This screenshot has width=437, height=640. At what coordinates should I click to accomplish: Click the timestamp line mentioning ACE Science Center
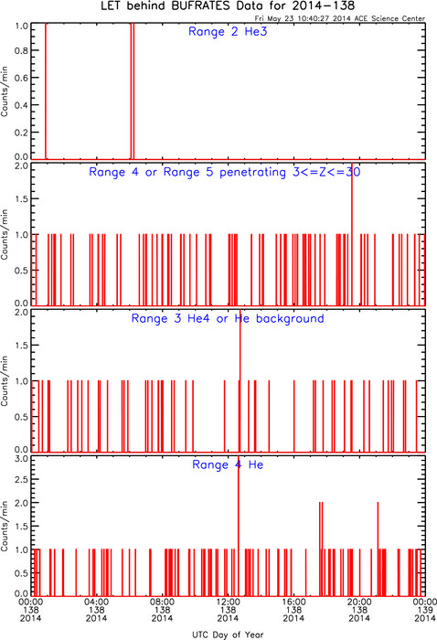tap(339, 18)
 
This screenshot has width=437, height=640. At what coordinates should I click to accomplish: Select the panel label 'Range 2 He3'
tap(228, 32)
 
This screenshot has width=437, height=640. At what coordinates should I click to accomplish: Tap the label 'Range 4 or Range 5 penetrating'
tap(187, 172)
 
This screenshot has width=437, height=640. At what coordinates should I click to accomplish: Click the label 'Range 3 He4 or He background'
tap(228, 318)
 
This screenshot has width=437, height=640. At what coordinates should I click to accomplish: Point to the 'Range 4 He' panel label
tap(228, 464)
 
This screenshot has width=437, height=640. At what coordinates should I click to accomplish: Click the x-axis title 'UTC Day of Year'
tap(228, 635)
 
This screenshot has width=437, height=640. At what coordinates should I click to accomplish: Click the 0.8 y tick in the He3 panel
tap(21, 50)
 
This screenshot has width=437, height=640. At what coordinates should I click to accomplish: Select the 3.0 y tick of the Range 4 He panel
tap(21, 458)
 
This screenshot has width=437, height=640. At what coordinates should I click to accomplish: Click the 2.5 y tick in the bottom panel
tap(21, 479)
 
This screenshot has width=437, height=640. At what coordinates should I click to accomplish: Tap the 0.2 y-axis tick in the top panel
tap(21, 133)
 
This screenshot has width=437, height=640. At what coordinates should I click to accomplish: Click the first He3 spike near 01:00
tap(46, 91)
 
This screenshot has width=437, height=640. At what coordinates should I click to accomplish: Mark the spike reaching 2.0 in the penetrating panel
tap(352, 234)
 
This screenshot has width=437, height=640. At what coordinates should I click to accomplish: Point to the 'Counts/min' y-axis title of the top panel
tap(5, 91)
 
